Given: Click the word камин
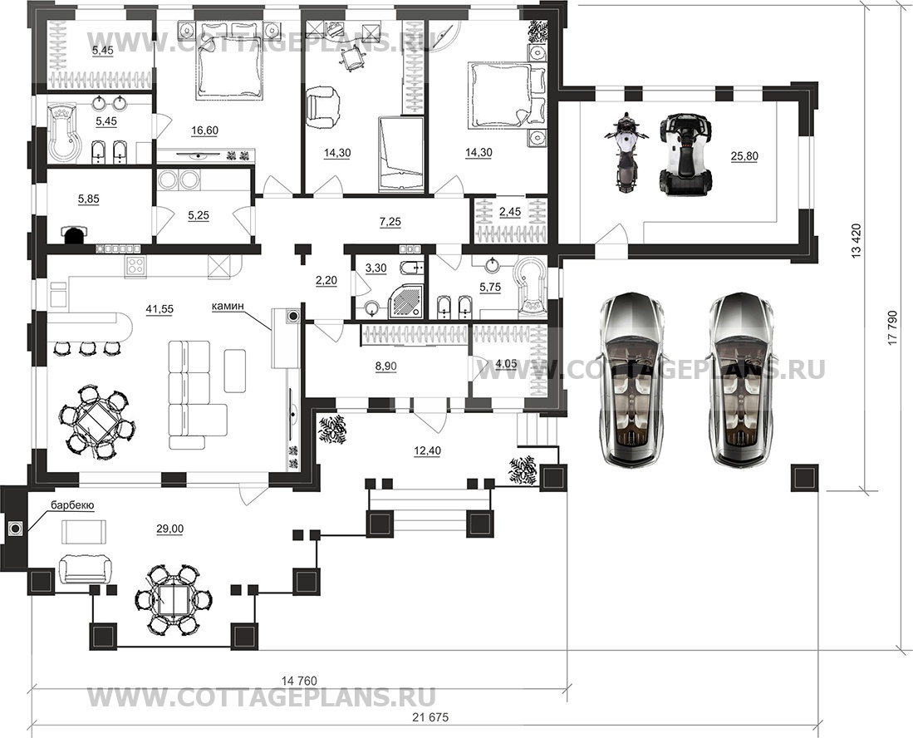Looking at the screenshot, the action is (228, 305).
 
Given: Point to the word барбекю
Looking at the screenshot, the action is (72, 505).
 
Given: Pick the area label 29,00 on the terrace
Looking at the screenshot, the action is (169, 529).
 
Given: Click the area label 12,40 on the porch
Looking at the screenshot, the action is (427, 450).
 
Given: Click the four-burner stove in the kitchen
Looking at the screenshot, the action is (135, 267).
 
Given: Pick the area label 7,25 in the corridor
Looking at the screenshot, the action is (390, 222).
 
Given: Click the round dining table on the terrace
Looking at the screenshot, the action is (174, 600).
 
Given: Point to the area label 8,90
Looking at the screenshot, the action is (385, 366).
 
